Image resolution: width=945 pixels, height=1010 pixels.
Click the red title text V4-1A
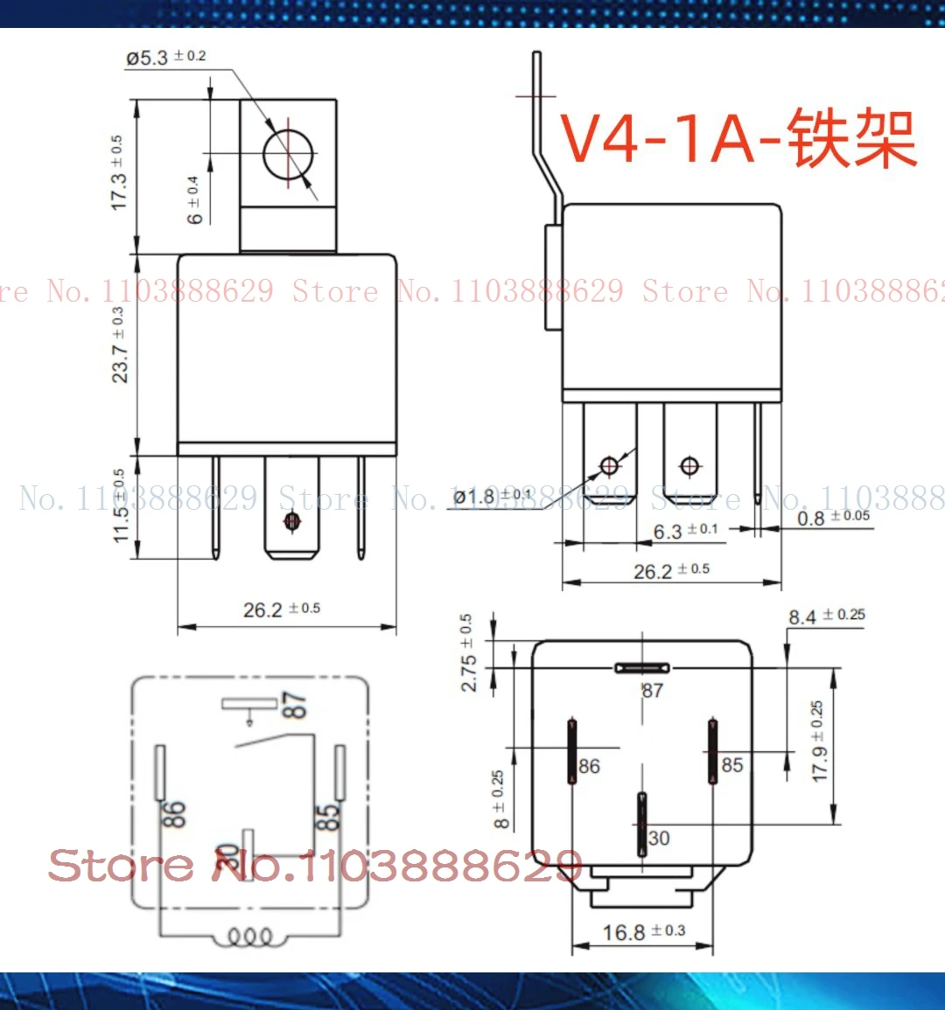[x=670, y=138]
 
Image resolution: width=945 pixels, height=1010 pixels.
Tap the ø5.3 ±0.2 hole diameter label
[x=165, y=58]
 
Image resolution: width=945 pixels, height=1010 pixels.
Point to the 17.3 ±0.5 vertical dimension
[x=117, y=172]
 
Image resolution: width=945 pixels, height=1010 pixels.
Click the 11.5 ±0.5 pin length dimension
[x=120, y=505]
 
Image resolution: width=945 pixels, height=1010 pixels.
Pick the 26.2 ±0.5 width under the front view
[x=281, y=609]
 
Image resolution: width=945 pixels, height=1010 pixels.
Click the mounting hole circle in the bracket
[x=288, y=154]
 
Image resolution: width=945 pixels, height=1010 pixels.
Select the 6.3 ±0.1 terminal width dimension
[x=685, y=531]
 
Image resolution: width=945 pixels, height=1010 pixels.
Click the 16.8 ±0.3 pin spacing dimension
[x=643, y=932]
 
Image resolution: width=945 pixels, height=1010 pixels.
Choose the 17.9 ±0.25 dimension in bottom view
[x=818, y=742]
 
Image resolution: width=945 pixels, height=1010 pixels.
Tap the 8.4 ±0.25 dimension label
[x=826, y=616]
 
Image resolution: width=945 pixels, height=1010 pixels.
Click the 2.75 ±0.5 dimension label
[x=467, y=652]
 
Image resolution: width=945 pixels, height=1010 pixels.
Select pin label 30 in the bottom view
[x=659, y=838]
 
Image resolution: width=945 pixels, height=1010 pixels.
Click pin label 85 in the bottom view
[x=731, y=765]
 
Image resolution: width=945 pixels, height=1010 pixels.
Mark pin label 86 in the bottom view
[x=589, y=767]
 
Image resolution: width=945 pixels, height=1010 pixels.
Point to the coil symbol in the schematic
[x=250, y=937]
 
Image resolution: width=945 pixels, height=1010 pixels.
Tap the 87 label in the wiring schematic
[x=295, y=705]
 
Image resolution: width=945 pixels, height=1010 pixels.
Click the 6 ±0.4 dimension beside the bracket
[x=194, y=199]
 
